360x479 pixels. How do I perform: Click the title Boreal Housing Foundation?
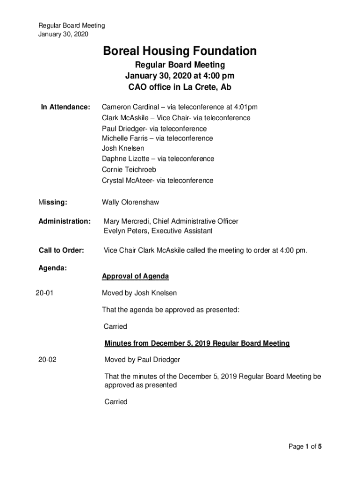tap(180, 51)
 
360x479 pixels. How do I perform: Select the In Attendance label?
tap(65, 108)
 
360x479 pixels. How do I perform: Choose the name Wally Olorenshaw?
tap(130, 203)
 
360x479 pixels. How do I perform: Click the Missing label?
tap(53, 203)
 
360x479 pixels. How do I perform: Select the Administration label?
tap(65, 221)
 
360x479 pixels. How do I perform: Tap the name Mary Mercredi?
tap(124, 221)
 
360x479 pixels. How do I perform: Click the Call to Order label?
tap(61, 251)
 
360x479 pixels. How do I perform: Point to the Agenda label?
tap(52, 269)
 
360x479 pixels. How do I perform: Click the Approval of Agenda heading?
tap(136, 276)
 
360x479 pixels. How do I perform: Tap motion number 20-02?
tap(48, 360)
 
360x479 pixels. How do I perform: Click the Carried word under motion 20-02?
tap(116, 402)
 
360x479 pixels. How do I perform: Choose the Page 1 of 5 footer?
tap(305, 447)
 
